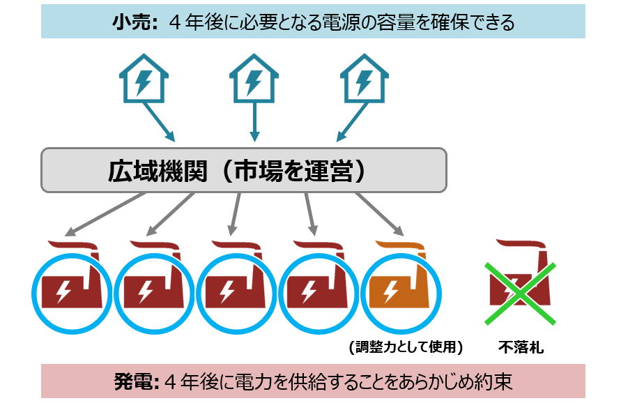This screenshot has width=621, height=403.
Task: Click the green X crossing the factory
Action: [x=521, y=293]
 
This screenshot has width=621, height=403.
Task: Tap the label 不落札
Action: [x=521, y=347]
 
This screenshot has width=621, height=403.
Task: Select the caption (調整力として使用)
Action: [x=405, y=347]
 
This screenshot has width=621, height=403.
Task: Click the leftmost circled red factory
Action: [x=68, y=289]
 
